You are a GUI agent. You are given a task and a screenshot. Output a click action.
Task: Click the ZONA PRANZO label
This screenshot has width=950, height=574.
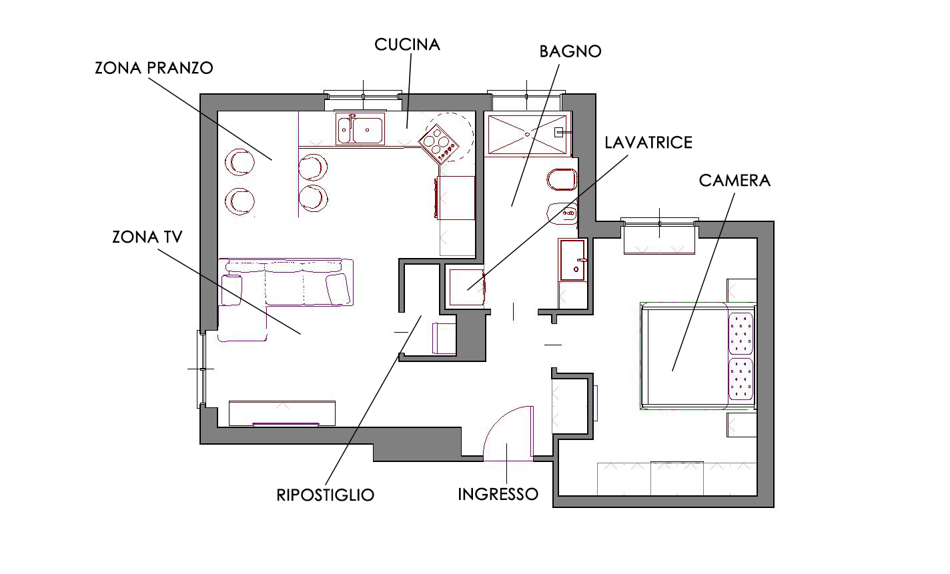(x=153, y=68)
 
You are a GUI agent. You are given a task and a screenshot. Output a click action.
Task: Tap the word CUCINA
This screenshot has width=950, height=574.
(x=407, y=45)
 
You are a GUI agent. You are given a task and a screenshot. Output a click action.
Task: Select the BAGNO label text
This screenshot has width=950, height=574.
(x=570, y=51)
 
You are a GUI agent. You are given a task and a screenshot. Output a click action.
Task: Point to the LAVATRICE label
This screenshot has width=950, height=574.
(x=648, y=143)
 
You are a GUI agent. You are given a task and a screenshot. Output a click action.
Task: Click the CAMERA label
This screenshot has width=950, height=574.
(x=735, y=181)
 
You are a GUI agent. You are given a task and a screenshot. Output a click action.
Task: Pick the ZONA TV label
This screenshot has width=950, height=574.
(x=147, y=237)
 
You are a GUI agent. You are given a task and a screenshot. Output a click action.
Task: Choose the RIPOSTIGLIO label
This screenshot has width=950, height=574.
(x=326, y=495)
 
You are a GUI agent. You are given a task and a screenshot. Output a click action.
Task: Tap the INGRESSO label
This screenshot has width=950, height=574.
(x=498, y=494)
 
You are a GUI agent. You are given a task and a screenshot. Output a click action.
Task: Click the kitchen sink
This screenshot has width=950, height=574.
(x=360, y=129)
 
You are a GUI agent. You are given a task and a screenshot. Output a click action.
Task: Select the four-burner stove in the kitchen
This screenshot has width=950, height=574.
(x=438, y=144)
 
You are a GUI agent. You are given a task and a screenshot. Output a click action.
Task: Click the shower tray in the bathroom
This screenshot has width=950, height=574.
(x=528, y=135)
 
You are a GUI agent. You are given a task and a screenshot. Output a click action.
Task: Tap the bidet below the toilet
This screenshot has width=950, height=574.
(x=562, y=213)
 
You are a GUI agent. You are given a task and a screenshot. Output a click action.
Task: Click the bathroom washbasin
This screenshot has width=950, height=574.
(x=573, y=260)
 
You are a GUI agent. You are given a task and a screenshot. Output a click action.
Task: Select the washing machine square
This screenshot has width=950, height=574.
(x=466, y=287)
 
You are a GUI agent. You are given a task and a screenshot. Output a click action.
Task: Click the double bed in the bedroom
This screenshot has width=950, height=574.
(x=698, y=356)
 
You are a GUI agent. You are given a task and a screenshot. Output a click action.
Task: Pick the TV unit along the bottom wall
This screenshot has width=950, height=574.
(x=282, y=413)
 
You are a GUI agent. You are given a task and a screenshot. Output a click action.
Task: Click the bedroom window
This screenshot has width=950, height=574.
(x=660, y=224)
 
